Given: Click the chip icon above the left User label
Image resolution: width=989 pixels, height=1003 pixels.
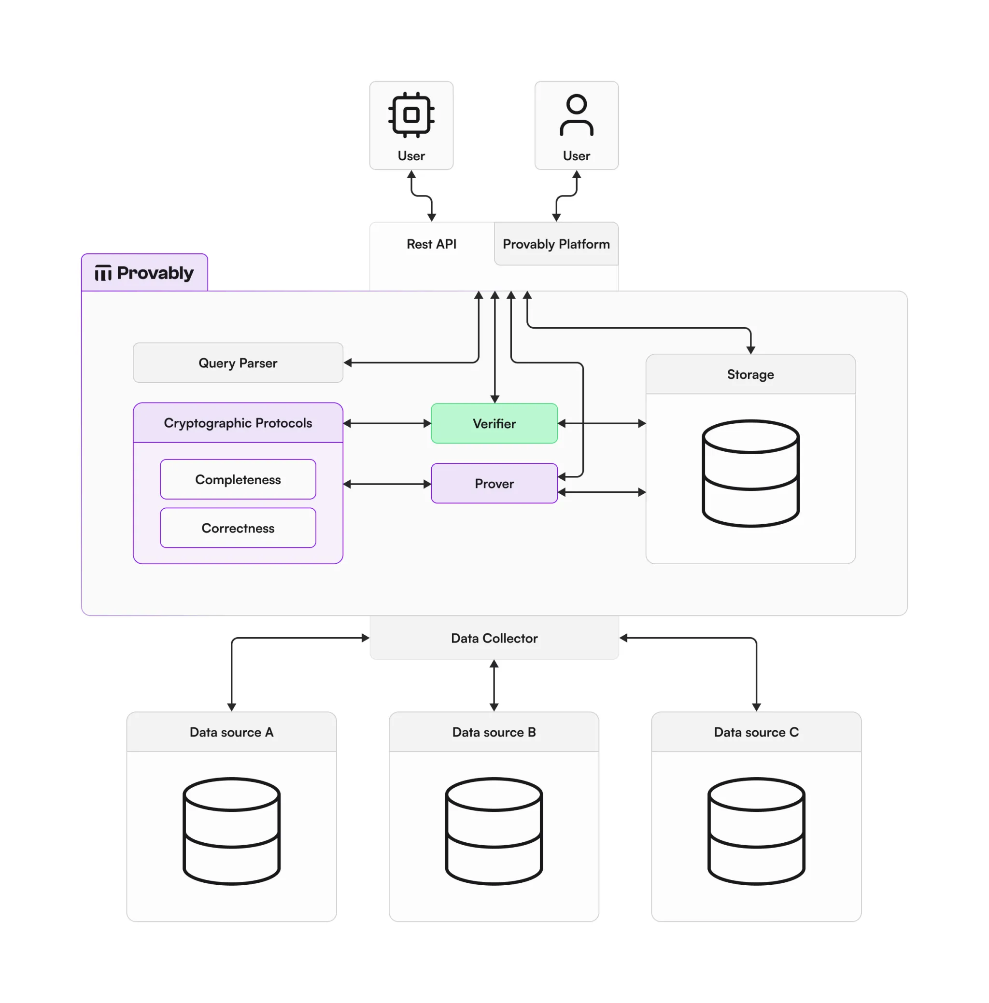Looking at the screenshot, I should pos(411,115).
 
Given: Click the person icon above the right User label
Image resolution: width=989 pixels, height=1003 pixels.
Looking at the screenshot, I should pos(576,115).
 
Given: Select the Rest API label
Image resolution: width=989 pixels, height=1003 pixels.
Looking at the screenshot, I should pos(431,244).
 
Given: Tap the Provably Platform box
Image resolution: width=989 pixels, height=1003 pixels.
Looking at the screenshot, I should pos(556,244).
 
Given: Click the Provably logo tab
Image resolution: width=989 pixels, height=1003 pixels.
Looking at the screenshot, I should pos(144,273).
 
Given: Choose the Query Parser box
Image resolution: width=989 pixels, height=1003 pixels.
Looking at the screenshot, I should pos(238,363).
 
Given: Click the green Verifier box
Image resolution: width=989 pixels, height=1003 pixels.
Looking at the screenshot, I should pos(494,424).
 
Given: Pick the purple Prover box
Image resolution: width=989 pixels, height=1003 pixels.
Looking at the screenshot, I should pos(494,483).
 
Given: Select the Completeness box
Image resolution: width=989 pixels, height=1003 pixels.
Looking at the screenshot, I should pos(238,479).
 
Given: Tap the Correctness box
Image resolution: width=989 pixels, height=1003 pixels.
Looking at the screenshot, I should pos(238,528).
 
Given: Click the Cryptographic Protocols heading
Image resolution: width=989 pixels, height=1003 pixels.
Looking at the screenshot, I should pos(238,423).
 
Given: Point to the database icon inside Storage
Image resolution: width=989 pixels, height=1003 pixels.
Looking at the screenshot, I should pos(750,474).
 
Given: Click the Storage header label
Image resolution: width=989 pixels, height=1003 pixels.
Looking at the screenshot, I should pos(750,374).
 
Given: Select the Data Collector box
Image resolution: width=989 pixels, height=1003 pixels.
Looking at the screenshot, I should pos(494,638).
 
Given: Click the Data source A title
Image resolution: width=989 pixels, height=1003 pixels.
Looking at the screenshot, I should pos(231,732).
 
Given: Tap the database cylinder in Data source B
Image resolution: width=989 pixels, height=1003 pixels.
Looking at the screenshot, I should pos(494,831).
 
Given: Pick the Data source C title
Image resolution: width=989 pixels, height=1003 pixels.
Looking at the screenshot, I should pos(756,732).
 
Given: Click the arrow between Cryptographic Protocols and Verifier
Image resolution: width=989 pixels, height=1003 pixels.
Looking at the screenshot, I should pos(387,424).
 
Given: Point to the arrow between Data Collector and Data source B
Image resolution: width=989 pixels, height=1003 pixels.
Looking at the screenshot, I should pos(494,685).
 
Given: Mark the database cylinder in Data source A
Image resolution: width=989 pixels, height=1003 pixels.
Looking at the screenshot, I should pos(231,831).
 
